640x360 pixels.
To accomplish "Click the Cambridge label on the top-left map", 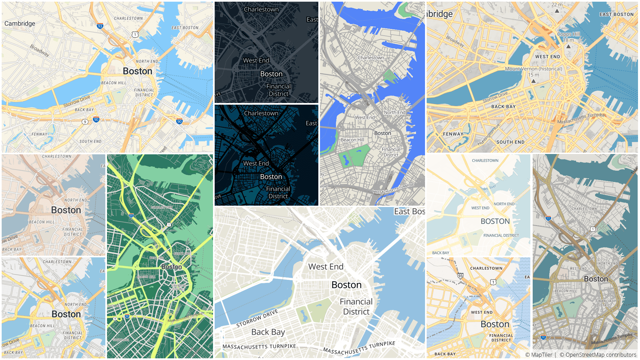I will coord(20,24).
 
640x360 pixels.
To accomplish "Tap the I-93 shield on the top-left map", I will coord(100,26).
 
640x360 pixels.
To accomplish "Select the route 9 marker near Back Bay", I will coord(85,122).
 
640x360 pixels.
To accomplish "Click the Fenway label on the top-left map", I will coord(39,134).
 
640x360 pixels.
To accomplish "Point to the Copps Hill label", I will coord(568,34).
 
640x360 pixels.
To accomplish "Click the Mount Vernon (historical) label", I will coord(533,69).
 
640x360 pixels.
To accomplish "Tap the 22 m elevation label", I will coord(557,5).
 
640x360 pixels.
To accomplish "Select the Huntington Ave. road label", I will coord(489,134).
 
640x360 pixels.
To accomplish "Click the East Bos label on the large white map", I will coord(409,212).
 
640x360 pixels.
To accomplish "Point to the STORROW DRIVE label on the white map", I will coord(257,318).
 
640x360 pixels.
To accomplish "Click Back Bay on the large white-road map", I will coord(268,332).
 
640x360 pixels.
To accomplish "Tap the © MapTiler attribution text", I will coord(539,355).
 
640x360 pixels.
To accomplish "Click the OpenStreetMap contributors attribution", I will coord(598,355).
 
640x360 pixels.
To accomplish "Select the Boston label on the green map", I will coord(172,267).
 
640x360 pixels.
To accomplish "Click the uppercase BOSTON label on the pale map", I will coord(495,221).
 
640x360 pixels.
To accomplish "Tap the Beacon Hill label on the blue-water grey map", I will coord(352,140).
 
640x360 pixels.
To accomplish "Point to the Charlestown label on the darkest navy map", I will coord(261,113).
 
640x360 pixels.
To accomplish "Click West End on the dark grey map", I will coord(256,60).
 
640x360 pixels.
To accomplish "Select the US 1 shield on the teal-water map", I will coord(592,229).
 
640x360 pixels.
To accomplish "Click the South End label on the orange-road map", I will coord(510,142).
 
